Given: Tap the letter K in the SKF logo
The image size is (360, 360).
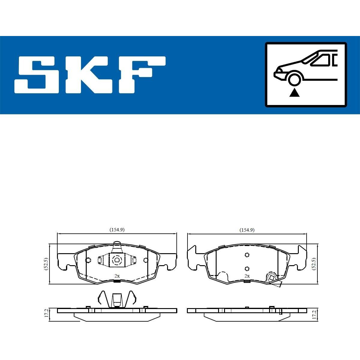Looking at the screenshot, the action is pos(90,75).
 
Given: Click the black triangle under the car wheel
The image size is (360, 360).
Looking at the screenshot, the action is pos(294,93).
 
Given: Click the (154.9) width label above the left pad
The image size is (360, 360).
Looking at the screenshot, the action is pos(117,230).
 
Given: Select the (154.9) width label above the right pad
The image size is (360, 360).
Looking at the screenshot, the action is pos(247,230).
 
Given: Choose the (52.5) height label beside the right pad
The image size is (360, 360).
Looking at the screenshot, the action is pos(314,264).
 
